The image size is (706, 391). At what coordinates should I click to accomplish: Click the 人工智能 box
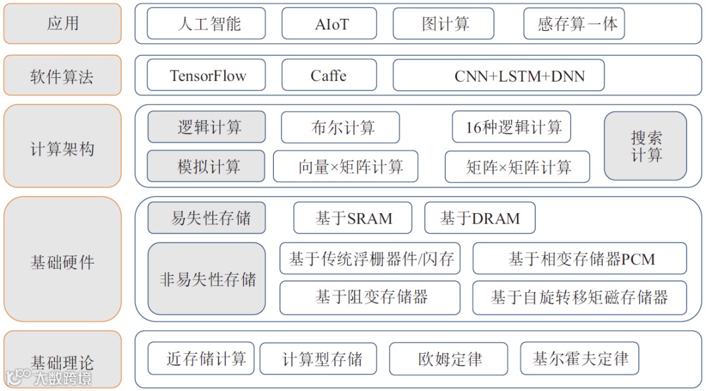[x=206, y=24]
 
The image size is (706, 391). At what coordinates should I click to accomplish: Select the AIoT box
[x=329, y=24]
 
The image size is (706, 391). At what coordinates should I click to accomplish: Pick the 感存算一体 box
[x=574, y=24]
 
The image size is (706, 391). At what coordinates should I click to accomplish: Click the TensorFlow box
[x=207, y=76]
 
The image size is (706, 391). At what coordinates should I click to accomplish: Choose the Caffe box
[x=329, y=76]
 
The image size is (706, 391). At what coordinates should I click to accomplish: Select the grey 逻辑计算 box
[x=207, y=127]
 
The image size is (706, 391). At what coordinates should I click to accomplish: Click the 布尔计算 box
[x=339, y=127]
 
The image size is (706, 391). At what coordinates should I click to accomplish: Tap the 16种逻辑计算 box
[x=511, y=127]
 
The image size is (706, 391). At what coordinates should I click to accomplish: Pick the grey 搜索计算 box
[x=645, y=146]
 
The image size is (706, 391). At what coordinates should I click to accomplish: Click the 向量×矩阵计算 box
[x=345, y=167]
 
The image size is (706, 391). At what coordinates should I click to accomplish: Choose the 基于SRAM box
[x=352, y=218]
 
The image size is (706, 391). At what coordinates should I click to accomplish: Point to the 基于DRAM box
[x=479, y=218]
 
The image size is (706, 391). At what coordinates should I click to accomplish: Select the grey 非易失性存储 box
[x=207, y=279]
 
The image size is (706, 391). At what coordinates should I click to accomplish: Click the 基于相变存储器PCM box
[x=579, y=259]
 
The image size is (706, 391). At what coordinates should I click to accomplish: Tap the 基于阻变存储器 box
[x=370, y=297]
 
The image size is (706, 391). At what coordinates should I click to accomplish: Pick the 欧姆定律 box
[x=448, y=359]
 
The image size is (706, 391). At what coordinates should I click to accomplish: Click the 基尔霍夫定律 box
[x=579, y=358]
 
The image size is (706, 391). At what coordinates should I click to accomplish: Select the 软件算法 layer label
[x=63, y=76]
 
